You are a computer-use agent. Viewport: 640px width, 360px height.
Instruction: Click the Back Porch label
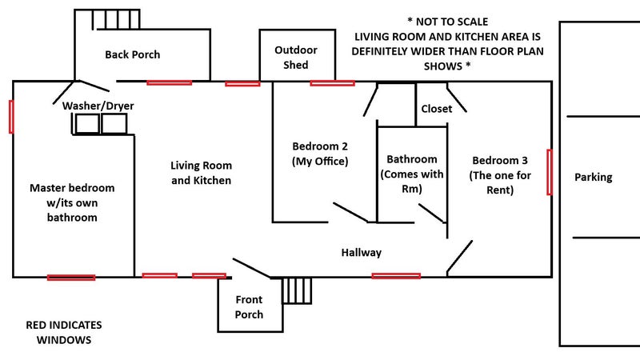pyautogui.click(x=132, y=54)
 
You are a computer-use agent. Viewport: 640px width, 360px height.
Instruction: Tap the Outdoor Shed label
pyautogui.click(x=295, y=57)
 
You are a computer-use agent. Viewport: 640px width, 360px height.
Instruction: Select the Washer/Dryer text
pyautogui.click(x=98, y=106)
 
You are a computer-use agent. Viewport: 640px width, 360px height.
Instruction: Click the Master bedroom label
pyautogui.click(x=72, y=202)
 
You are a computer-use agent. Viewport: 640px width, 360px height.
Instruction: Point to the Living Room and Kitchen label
pyautogui.click(x=201, y=173)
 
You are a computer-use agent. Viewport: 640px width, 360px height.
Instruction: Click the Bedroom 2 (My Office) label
pyautogui.click(x=320, y=154)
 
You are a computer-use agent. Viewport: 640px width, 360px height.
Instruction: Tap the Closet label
pyautogui.click(x=436, y=108)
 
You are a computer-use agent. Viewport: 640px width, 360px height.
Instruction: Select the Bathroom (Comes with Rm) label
pyautogui.click(x=412, y=174)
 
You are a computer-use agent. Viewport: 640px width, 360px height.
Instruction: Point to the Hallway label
pyautogui.click(x=361, y=252)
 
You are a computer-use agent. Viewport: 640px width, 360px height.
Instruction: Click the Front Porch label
pyautogui.click(x=249, y=307)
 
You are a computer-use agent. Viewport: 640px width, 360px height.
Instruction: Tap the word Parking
pyautogui.click(x=593, y=177)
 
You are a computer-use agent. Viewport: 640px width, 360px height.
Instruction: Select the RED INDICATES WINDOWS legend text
pyautogui.click(x=64, y=333)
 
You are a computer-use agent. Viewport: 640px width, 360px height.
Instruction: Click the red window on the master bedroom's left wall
pyautogui.click(x=11, y=116)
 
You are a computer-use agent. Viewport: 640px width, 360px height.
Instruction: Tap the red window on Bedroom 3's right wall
pyautogui.click(x=549, y=172)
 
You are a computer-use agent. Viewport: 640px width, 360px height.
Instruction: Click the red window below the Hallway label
pyautogui.click(x=396, y=276)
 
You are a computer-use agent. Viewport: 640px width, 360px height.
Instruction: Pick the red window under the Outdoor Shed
pyautogui.click(x=332, y=82)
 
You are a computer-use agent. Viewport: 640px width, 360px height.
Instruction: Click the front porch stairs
pyautogui.click(x=298, y=290)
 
